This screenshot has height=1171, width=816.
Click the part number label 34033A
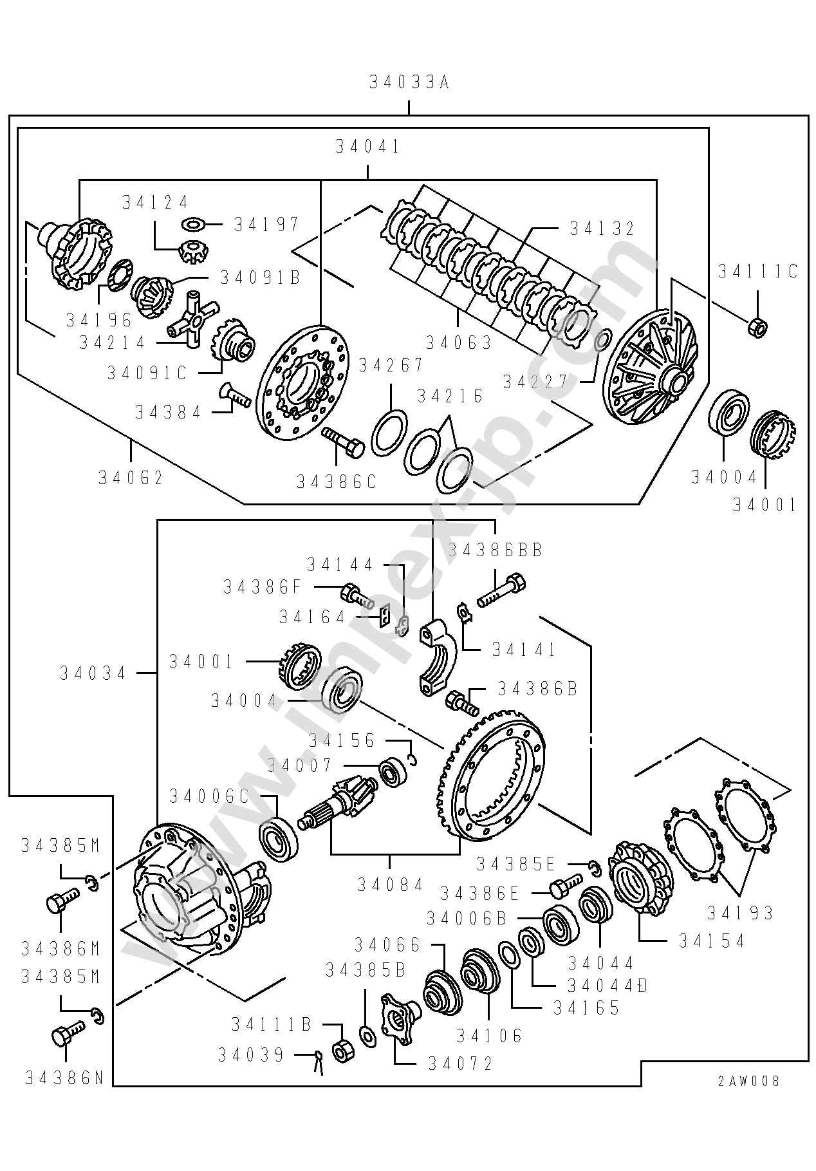409,83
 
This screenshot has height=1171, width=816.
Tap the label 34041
368,147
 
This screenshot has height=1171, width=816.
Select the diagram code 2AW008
748,1081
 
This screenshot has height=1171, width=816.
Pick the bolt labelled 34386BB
502,591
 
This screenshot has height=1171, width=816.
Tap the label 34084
391,885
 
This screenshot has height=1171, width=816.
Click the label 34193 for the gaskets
740,912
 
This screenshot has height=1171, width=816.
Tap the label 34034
94,673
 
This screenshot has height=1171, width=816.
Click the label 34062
131,478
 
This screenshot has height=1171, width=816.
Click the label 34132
602,229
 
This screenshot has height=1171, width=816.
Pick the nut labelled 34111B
341,1051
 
